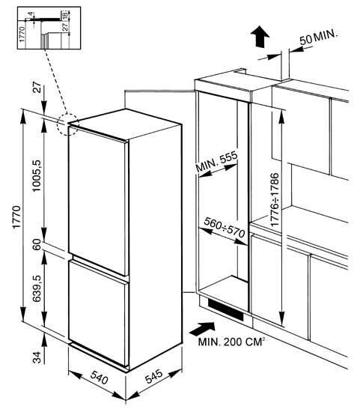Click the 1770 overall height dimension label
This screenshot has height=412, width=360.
(16, 217)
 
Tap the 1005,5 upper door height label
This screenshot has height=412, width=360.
(37, 175)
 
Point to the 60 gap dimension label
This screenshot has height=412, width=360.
(37, 244)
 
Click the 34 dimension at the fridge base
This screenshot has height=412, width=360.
(37, 357)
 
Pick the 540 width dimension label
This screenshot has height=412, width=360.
(100, 378)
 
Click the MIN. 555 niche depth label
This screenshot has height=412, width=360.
(216, 161)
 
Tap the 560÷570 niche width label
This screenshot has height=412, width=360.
(225, 227)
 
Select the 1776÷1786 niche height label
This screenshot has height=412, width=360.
(275, 199)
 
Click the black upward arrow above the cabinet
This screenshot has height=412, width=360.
(260, 37)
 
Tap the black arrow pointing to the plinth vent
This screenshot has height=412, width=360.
(202, 328)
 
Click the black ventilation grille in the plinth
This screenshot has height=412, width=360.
(225, 309)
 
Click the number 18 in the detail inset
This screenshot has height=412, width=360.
(65, 14)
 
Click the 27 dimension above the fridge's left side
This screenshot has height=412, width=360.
(37, 88)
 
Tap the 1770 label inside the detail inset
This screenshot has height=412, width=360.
(22, 34)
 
